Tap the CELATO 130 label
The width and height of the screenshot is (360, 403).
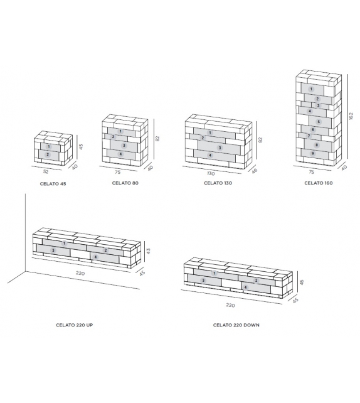tap(217, 183)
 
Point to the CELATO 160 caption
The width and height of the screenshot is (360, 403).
tap(319, 183)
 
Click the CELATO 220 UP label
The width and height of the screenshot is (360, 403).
tap(75, 325)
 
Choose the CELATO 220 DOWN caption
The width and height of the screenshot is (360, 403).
tap(236, 325)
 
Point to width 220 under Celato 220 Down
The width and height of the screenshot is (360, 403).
tap(230, 305)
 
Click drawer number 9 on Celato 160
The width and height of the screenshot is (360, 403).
tap(312, 153)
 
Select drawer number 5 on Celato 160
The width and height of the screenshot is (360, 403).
tap(319, 122)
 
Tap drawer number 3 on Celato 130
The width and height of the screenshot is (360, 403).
tap(220, 148)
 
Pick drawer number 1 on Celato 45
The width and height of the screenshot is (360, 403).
tap(48, 146)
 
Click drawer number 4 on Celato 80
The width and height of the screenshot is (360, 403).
tap(120, 154)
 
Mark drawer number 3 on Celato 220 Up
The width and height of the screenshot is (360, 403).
tap(53, 250)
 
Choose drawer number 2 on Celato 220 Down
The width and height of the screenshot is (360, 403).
tap(256, 280)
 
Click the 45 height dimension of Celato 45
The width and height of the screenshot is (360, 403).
tap(81, 146)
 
